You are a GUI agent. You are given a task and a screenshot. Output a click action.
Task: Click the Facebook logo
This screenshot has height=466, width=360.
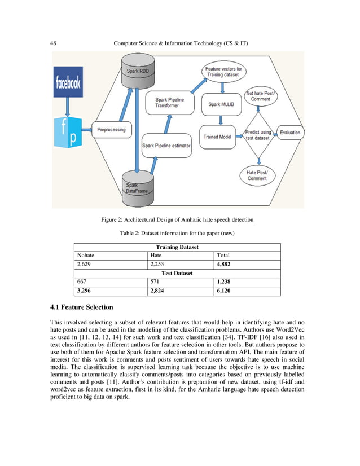coord(68,83)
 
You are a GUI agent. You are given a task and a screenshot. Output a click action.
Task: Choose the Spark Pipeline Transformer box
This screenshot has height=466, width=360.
coord(169,104)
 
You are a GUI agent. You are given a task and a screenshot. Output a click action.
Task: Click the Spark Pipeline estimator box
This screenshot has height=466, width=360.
coord(166,146)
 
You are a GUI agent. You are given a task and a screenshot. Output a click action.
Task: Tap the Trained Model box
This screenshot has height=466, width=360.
coord(218,136)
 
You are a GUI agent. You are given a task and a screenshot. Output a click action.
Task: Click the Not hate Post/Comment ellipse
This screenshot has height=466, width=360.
coord(260,96)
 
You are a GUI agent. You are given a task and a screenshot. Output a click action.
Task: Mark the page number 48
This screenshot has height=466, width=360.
coord(54,43)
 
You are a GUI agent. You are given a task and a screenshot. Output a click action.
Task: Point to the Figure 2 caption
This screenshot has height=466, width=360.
coord(179,219)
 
